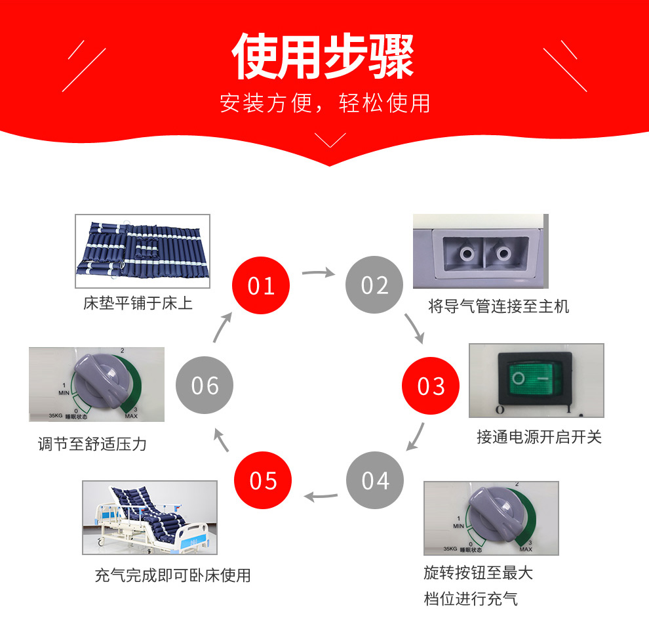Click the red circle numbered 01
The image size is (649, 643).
coord(261,285)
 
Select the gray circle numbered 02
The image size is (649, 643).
coord(374,285)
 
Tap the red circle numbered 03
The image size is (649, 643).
coord(431,386)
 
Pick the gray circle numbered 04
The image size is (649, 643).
coord(375,480)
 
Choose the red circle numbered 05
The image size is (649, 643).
coord(263,480)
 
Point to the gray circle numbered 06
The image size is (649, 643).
coord(205,385)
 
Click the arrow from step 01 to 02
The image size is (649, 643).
coord(319,272)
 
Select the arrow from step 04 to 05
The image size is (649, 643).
coord(321,496)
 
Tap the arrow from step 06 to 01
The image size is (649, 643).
coord(222,327)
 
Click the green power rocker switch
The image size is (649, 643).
coord(535,379)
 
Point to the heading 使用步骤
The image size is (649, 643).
coord(323,56)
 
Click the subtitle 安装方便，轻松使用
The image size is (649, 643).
coord(325,103)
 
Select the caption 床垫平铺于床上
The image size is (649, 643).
coord(138,303)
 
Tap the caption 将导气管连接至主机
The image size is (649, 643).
coord(498,306)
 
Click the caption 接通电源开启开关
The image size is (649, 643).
coord(539,437)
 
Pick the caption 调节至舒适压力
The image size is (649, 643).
coord(92,444)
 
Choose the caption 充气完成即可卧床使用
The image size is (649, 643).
coord(172,575)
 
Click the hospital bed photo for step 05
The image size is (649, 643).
coord(150,518)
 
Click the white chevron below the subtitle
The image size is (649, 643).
coord(330,140)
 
